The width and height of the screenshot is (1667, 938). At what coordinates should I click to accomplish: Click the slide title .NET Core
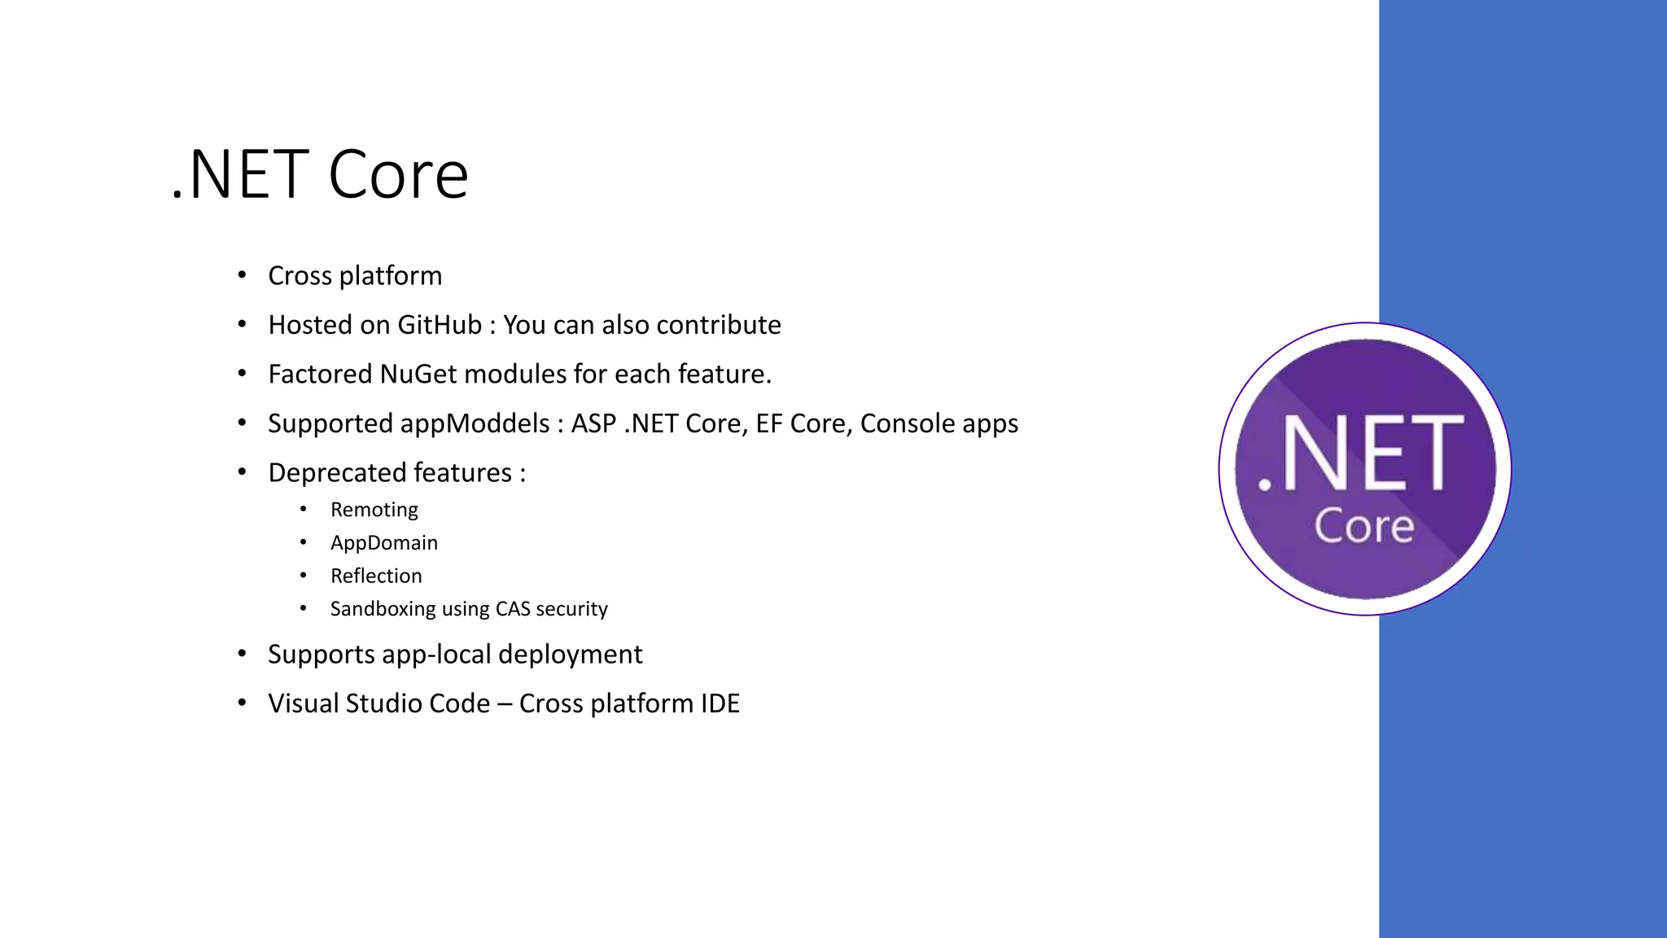[320, 174]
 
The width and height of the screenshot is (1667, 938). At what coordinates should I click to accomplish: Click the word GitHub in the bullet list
[440, 325]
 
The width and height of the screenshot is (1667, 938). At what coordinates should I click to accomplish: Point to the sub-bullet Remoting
[374, 510]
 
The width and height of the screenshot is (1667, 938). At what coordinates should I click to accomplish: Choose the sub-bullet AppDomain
[383, 543]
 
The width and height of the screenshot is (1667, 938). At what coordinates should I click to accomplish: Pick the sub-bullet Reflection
[376, 576]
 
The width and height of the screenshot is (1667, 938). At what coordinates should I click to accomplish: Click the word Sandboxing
[383, 609]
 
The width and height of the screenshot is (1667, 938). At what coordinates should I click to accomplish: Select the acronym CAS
[512, 609]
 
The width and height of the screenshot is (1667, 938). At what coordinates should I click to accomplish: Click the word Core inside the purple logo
[1364, 527]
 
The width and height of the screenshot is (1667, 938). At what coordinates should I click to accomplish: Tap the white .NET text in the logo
[1361, 453]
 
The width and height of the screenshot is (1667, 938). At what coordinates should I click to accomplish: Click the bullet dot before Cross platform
[242, 275]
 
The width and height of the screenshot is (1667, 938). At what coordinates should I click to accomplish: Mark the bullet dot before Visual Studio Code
[242, 703]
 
